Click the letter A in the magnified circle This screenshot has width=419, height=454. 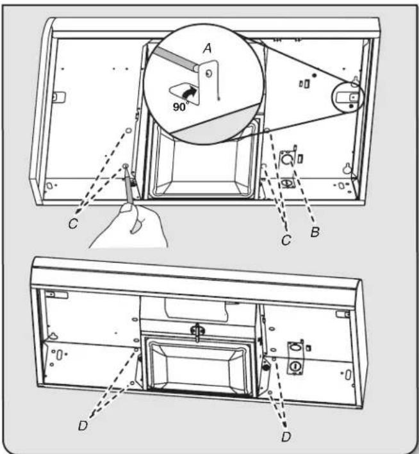208,48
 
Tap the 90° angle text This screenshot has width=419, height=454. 181,106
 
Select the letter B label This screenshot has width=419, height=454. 315,232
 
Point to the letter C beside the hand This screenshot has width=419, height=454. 73,224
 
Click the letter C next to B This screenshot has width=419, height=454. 286,240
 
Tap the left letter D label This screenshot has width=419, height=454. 83,426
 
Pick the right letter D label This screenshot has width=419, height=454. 286,437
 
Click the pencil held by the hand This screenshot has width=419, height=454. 128,184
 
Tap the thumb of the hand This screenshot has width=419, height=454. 126,208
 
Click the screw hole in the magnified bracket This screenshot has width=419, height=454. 209,74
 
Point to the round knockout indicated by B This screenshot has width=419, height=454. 286,159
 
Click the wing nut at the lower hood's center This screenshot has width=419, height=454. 197,330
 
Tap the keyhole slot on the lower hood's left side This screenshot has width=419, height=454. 53,336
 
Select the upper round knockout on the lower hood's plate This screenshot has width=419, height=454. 295,347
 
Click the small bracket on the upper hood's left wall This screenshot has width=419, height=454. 58,97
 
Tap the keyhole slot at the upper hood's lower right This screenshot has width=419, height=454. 347,168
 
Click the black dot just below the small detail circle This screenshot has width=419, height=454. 351,106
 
